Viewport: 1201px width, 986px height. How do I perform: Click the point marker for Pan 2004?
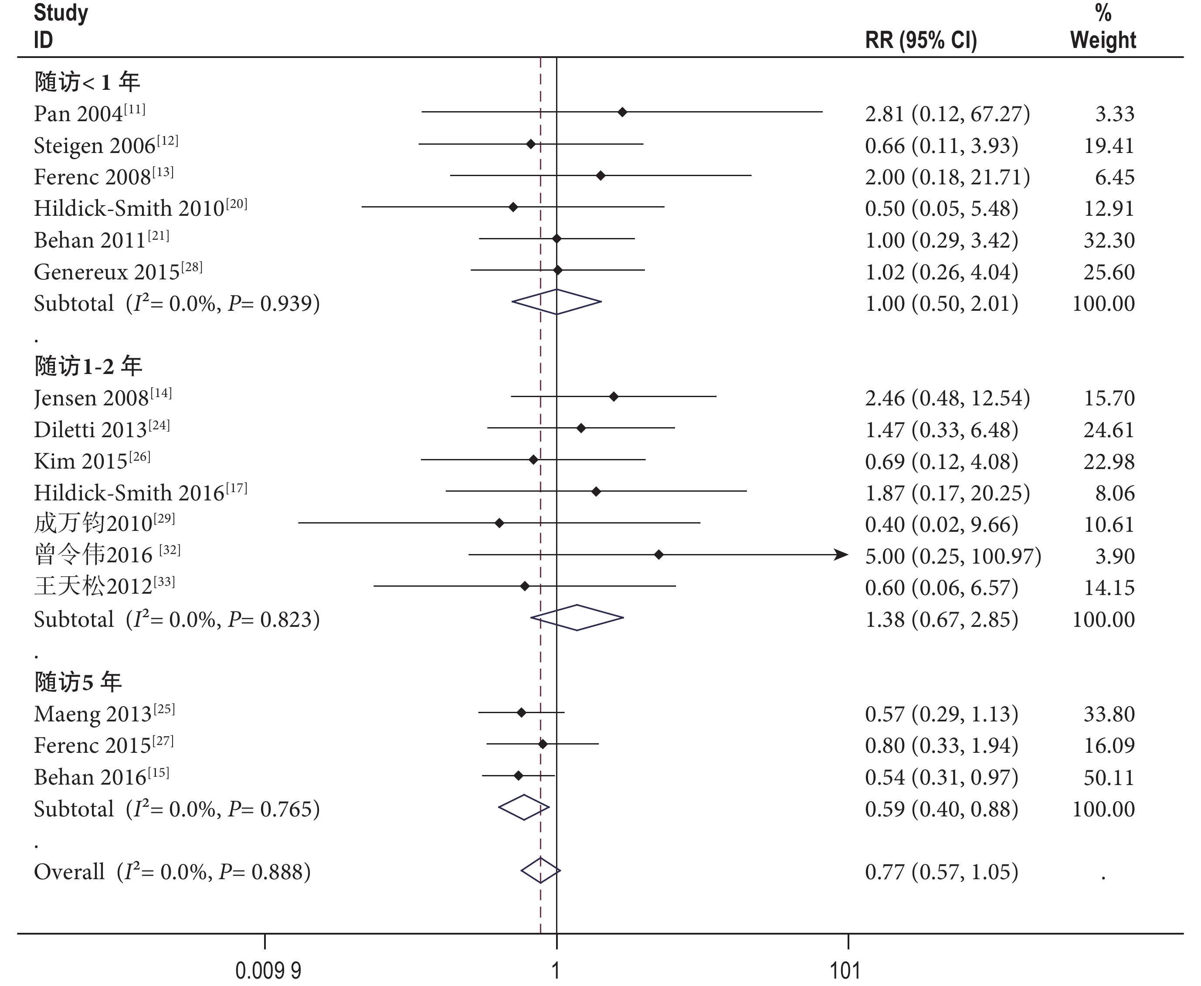tap(622, 112)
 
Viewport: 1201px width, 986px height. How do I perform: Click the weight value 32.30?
tap(1109, 240)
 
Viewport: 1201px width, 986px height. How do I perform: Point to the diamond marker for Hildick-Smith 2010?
tap(513, 207)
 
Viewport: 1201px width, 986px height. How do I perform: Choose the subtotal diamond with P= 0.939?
tap(556, 302)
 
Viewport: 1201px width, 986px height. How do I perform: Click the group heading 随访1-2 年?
tap(88, 366)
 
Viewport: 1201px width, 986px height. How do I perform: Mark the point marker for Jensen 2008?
tap(613, 396)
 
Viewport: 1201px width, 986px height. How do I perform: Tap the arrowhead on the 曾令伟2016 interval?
tap(841, 555)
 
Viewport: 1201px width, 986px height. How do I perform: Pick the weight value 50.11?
tap(1109, 777)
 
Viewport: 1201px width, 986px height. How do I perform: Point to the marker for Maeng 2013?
tap(521, 712)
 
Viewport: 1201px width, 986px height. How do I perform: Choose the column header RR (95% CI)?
tap(920, 41)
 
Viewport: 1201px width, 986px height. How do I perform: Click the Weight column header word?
tap(1103, 41)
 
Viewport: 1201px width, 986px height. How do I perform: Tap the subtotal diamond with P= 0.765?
tap(523, 807)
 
